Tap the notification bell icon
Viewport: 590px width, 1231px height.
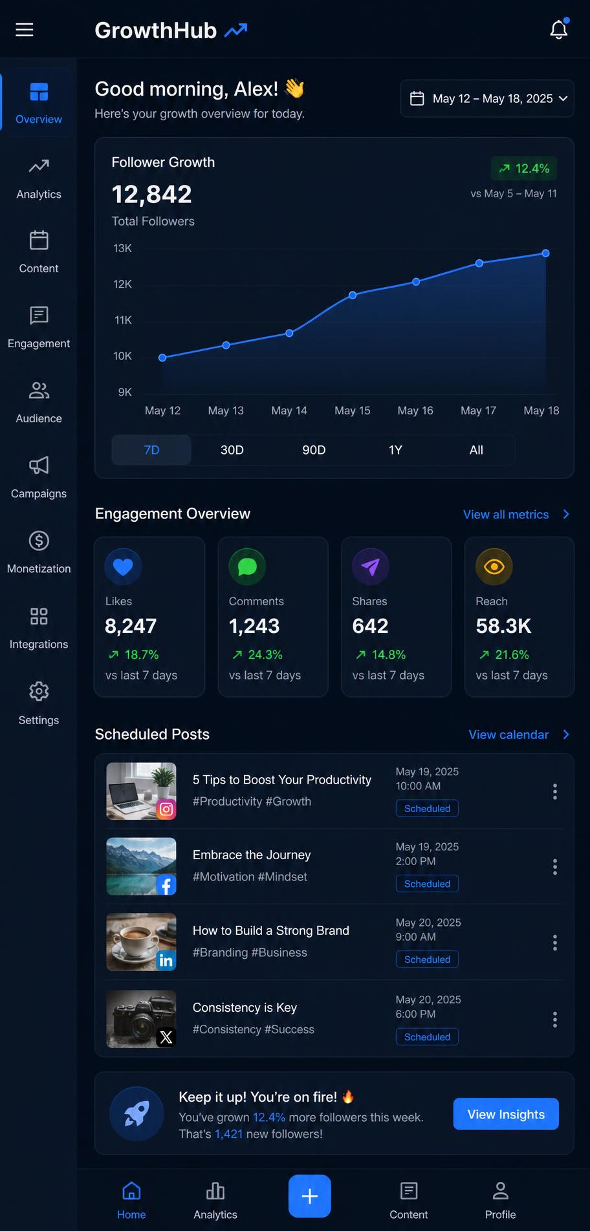pos(559,29)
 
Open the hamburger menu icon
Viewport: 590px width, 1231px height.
pos(25,30)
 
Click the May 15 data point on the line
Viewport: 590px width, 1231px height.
pos(353,295)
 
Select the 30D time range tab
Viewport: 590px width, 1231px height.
pos(232,450)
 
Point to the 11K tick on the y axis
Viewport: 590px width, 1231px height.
pos(123,320)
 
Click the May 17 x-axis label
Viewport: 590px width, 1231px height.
pos(478,411)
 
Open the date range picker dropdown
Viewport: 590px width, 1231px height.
pos(487,98)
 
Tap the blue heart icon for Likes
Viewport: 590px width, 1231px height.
pos(123,566)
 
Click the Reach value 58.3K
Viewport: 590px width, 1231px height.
pos(503,626)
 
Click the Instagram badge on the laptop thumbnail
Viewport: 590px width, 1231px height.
pos(166,809)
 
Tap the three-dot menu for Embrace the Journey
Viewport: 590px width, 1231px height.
pos(555,867)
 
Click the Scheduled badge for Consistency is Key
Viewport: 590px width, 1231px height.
pos(427,1036)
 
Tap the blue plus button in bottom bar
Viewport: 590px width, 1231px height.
pos(310,1195)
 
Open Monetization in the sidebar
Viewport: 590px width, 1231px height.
pos(39,552)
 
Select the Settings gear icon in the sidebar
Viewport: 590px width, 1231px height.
pos(39,691)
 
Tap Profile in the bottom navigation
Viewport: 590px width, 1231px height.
pos(501,1201)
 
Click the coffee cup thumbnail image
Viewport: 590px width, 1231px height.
pos(141,942)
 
